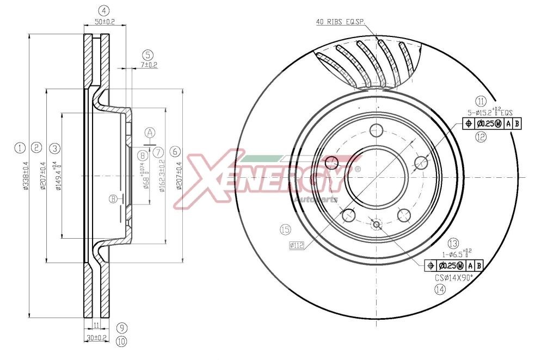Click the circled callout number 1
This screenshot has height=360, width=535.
[20, 147]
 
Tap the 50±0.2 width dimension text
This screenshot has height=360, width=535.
[104, 22]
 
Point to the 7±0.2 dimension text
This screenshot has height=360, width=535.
[148, 65]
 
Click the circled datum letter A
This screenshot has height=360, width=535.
[150, 132]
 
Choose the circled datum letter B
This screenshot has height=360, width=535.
[113, 198]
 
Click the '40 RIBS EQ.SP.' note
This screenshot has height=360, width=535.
[340, 22]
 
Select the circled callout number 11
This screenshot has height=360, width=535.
[480, 101]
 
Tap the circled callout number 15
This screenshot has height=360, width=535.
[284, 230]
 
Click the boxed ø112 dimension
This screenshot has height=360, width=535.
[296, 245]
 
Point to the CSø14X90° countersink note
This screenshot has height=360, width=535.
[453, 277]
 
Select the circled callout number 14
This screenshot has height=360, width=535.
[440, 289]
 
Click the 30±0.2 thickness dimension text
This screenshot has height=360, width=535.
[96, 338]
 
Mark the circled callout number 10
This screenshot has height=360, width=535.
[121, 341]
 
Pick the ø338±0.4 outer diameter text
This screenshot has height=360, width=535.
[24, 175]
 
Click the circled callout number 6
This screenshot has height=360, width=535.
[174, 151]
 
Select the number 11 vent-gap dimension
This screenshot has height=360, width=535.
[96, 325]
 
